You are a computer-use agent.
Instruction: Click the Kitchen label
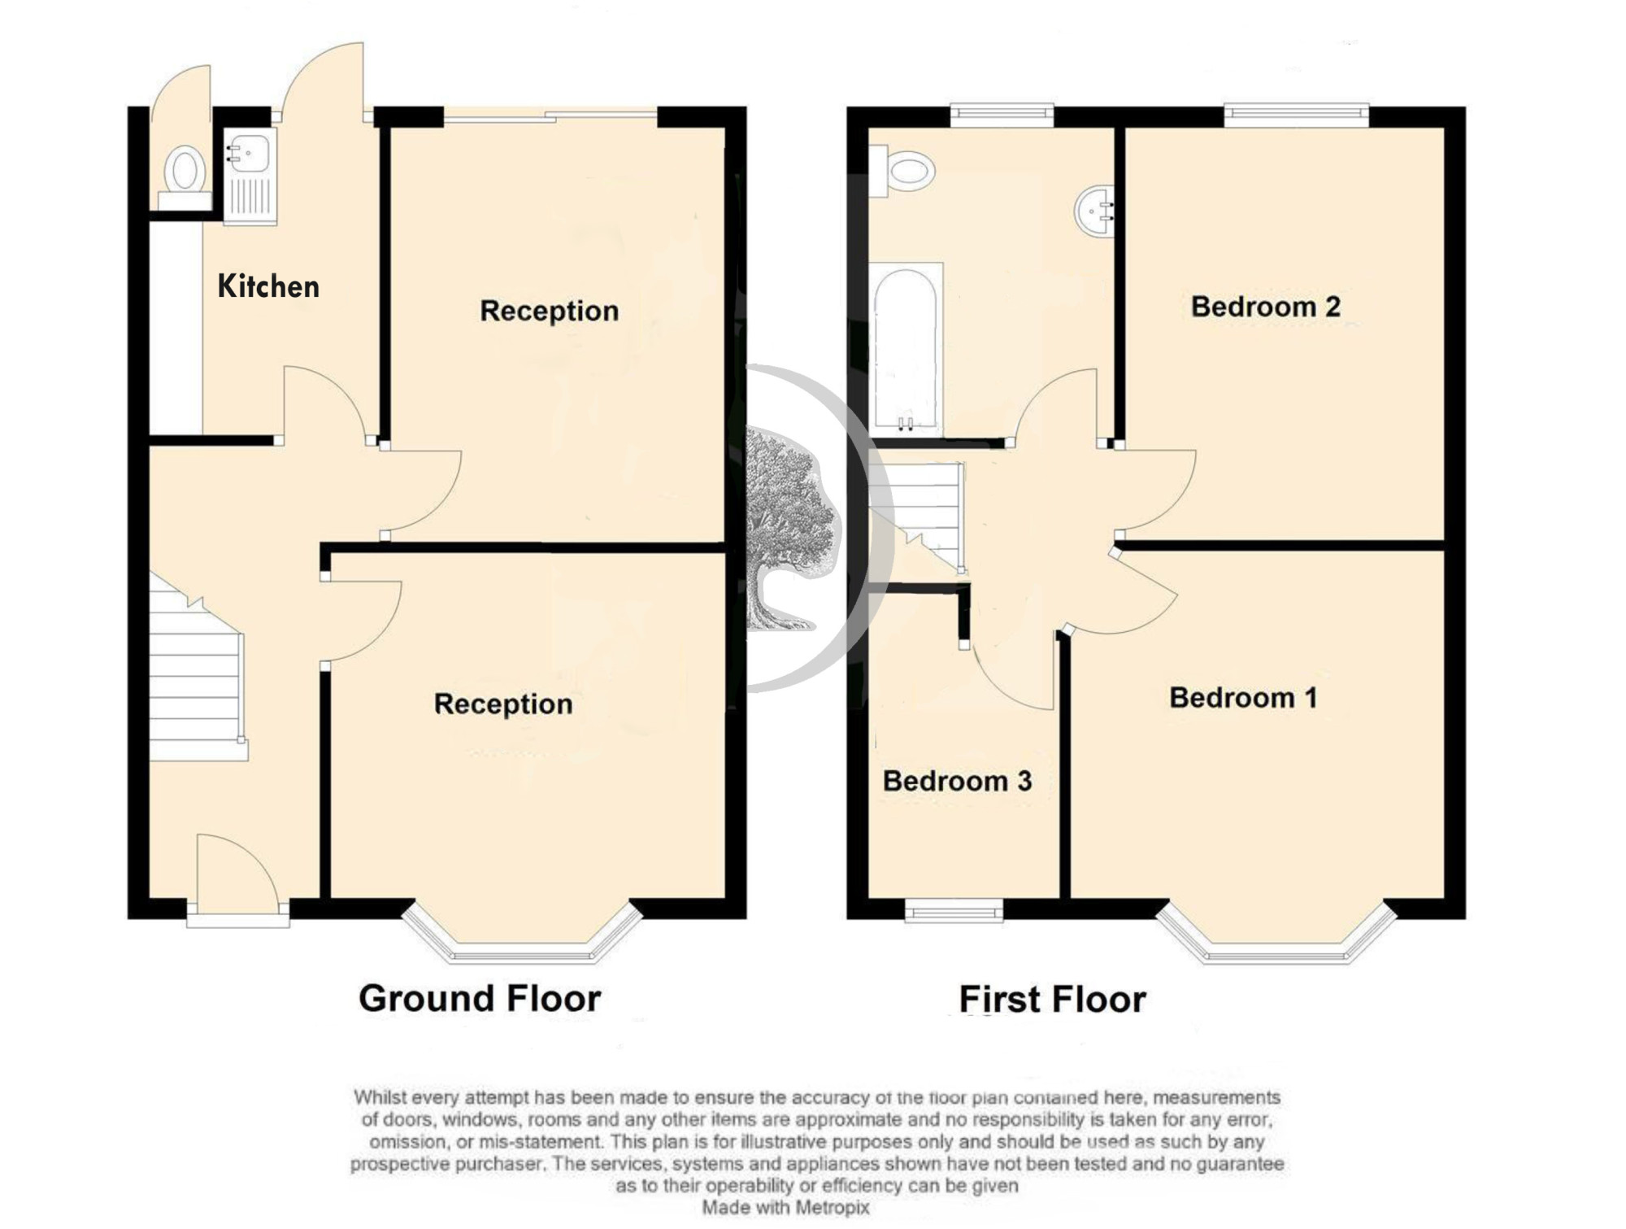(268, 286)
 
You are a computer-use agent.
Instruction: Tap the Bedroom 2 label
(1266, 307)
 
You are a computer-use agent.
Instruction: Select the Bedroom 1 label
(1243, 698)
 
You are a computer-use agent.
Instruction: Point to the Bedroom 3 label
(957, 781)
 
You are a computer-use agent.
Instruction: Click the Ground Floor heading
(480, 998)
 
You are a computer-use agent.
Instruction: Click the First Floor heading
(1053, 999)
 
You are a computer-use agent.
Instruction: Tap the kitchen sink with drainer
(250, 176)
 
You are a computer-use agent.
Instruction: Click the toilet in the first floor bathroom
(902, 171)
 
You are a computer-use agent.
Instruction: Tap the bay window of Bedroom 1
(1276, 935)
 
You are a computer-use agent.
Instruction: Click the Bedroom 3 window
(954, 911)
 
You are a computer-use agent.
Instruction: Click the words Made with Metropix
(786, 1208)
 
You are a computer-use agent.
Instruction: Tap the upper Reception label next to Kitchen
(550, 311)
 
